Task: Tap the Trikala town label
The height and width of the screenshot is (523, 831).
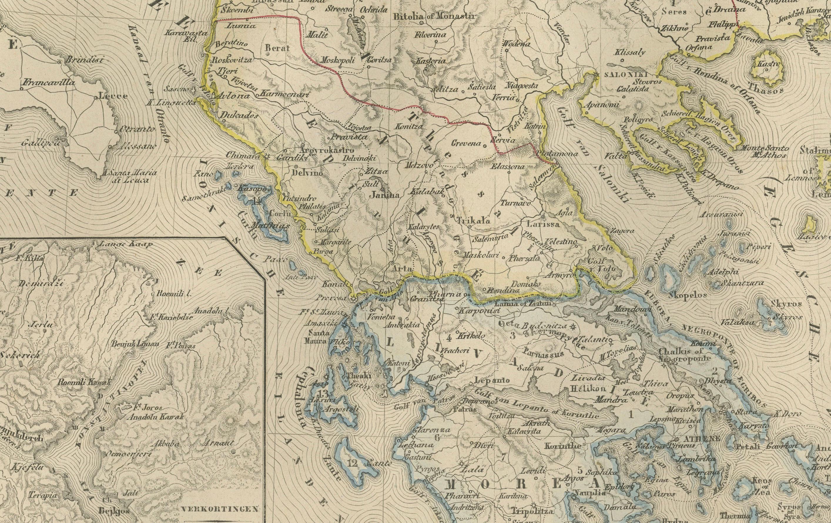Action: coord(473,221)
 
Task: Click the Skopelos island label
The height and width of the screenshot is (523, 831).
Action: coord(687,296)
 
